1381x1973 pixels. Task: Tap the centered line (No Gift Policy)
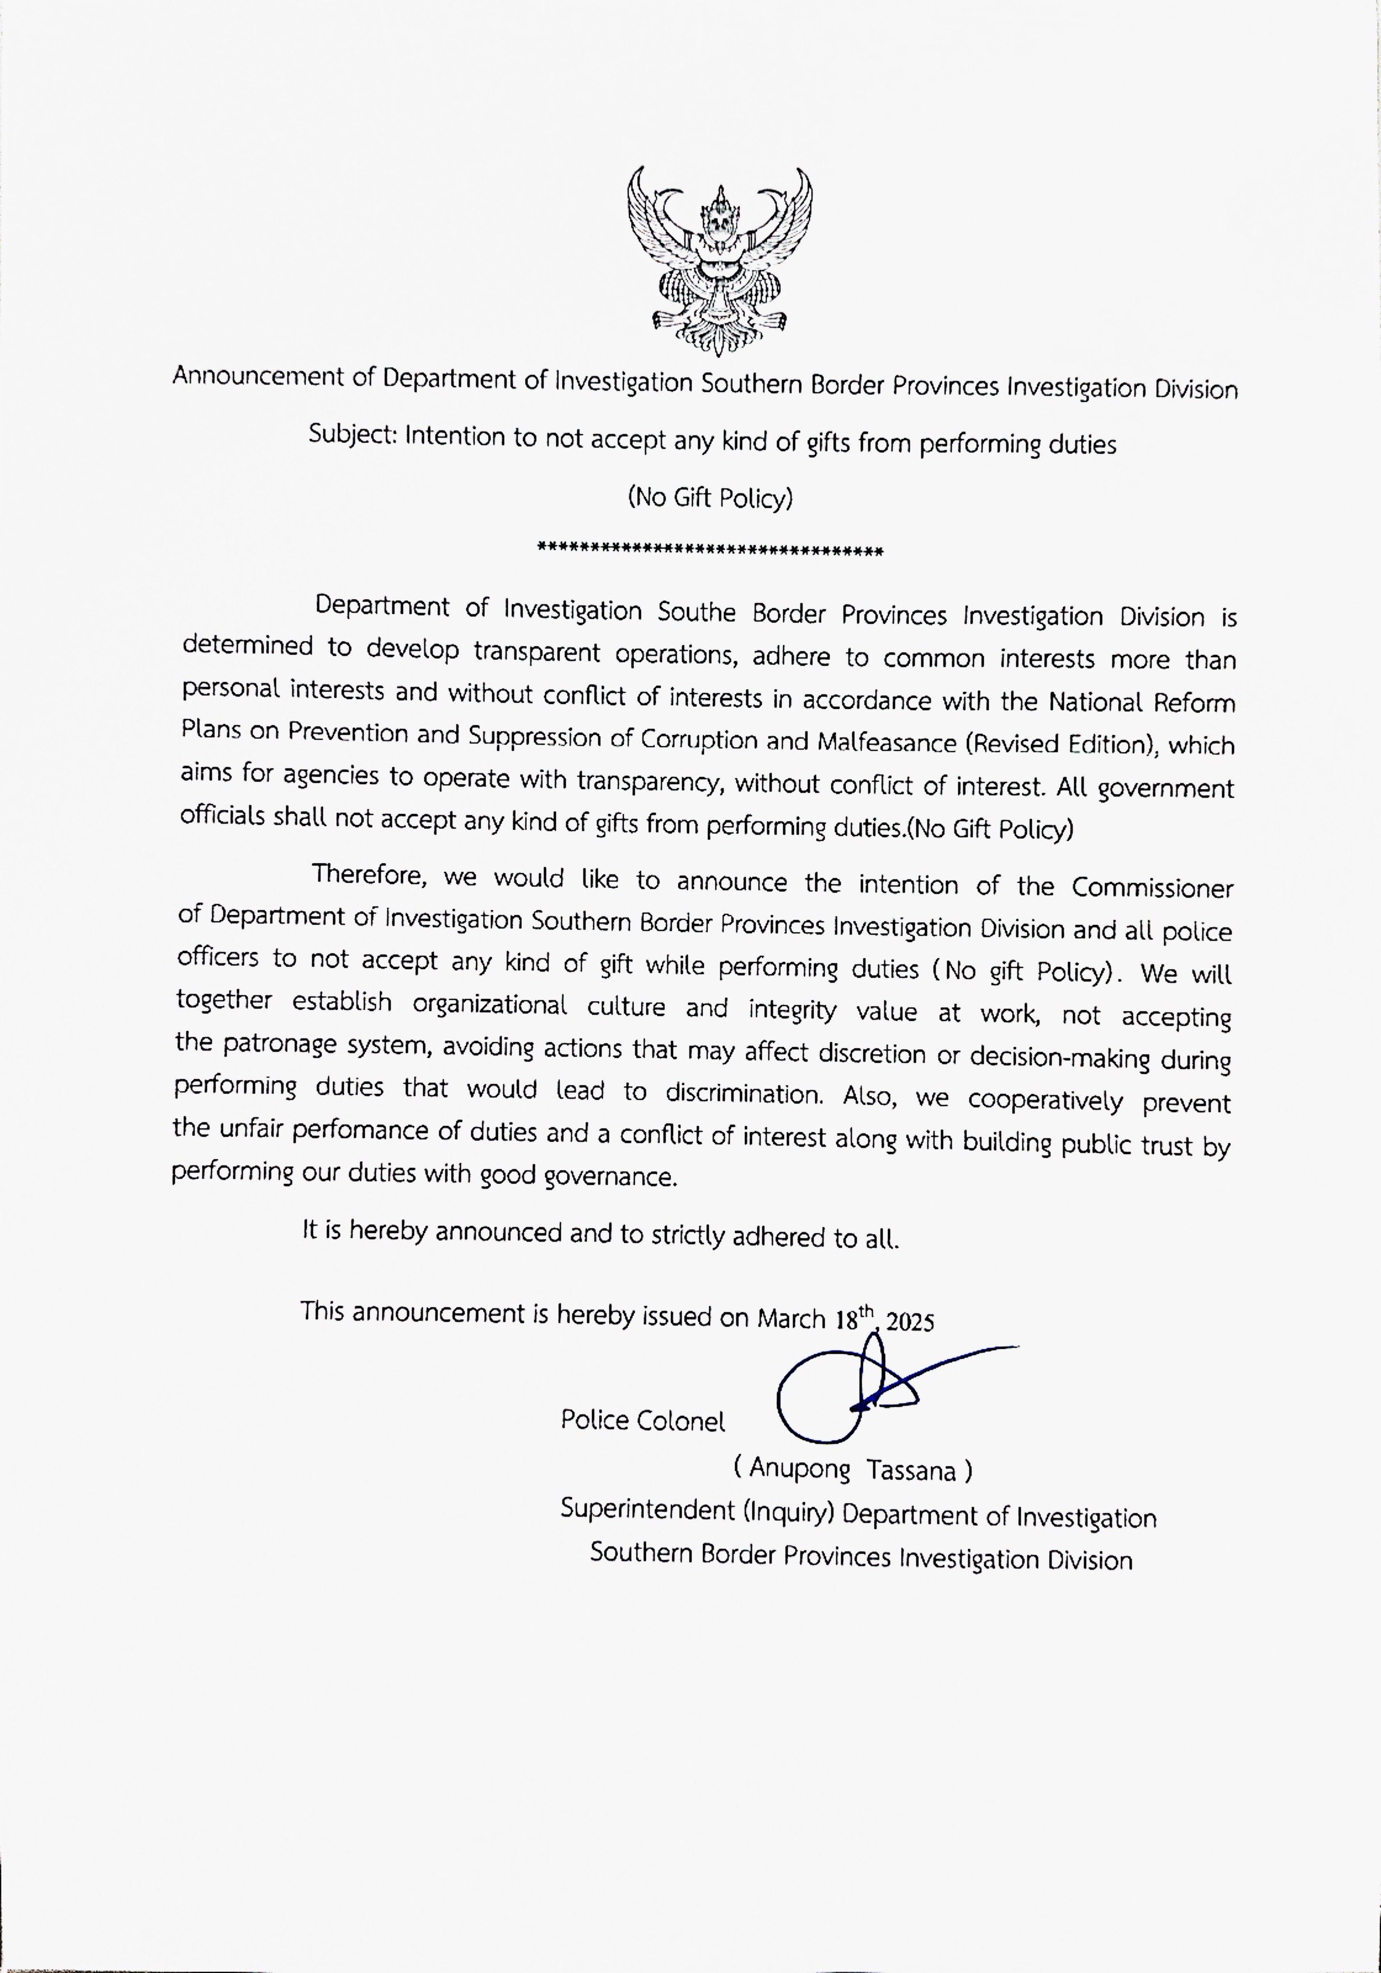click(710, 498)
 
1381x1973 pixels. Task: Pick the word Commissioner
click(1152, 888)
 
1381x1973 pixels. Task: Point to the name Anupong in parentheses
click(799, 1469)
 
